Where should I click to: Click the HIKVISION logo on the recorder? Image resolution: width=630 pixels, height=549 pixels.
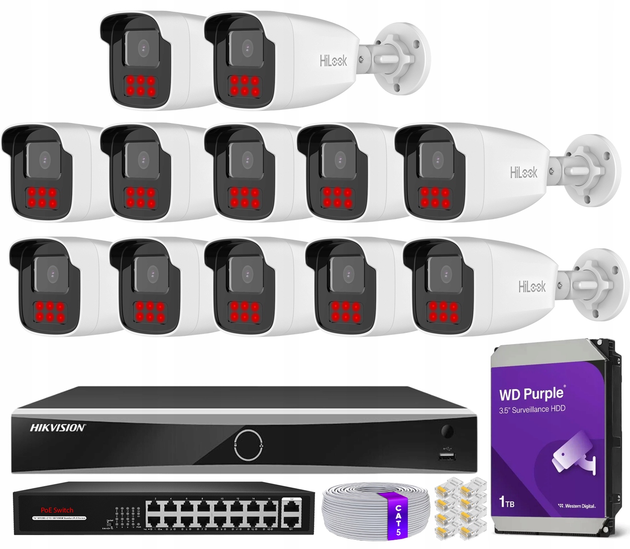58,428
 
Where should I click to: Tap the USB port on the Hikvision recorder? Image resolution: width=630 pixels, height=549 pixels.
447,456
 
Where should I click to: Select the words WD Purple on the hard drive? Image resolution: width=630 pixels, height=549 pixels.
531,394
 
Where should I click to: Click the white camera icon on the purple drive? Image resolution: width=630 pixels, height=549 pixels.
573,457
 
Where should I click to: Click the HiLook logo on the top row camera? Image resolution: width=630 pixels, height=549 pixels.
333,61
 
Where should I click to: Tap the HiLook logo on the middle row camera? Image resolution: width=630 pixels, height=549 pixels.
524,173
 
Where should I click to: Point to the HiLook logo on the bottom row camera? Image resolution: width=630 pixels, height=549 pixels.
532,286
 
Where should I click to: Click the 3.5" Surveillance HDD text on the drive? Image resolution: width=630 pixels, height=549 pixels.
532,409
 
